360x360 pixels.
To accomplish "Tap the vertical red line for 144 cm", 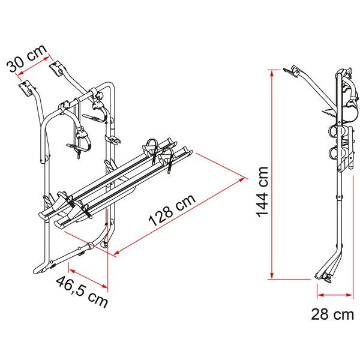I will [x=273, y=174].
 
